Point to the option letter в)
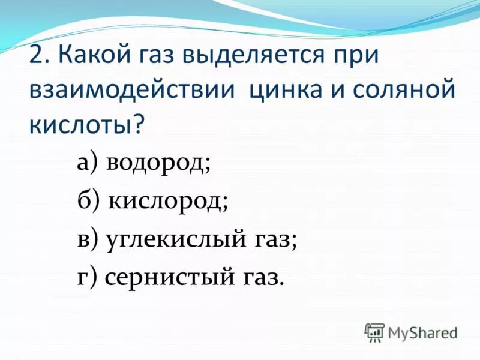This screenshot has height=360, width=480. point(89,239)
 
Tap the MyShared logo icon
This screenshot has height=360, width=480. point(374,332)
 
